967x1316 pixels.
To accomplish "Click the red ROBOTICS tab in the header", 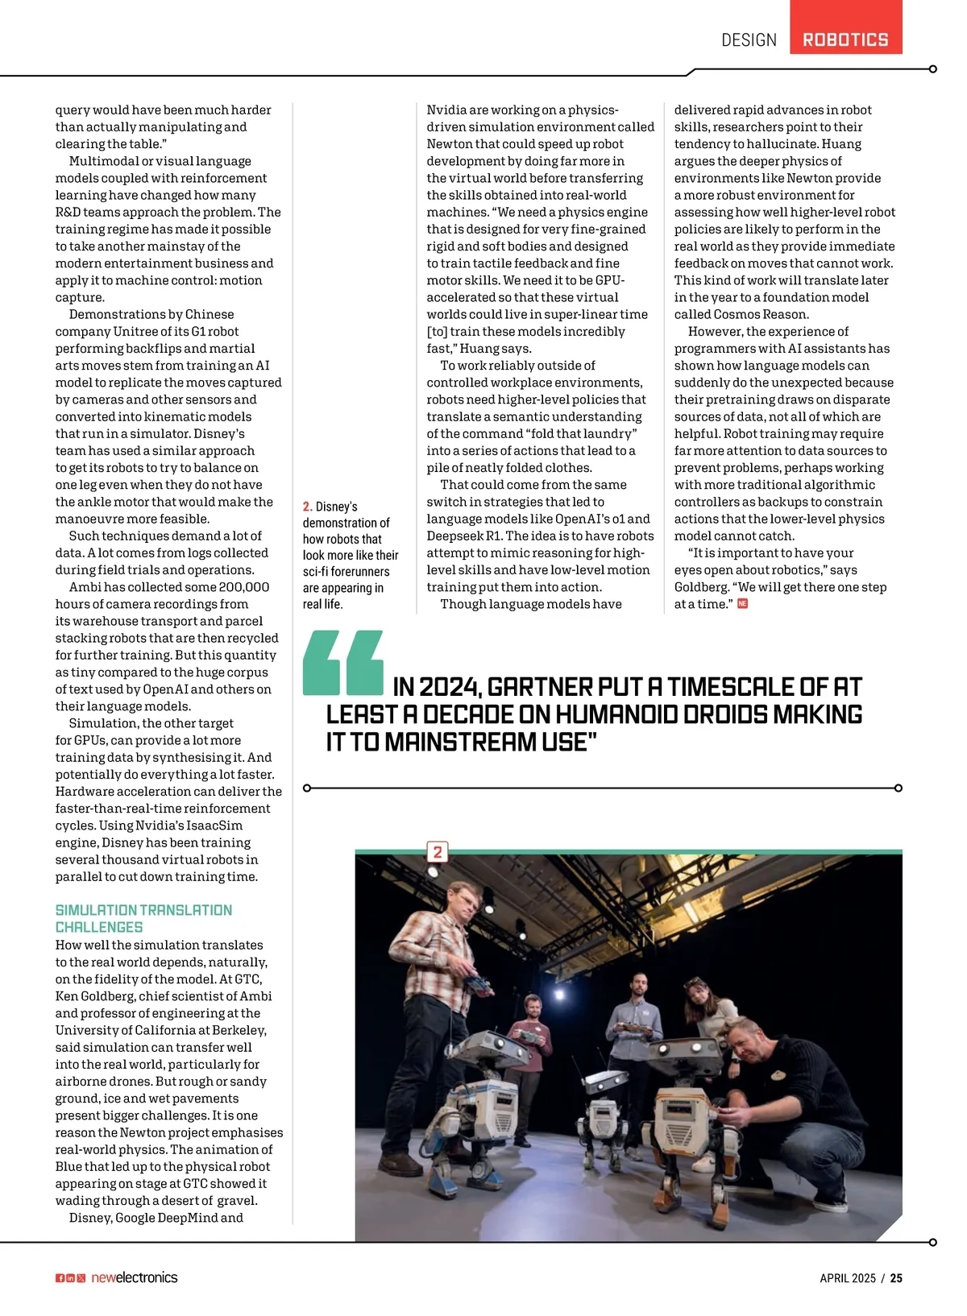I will click(x=845, y=39).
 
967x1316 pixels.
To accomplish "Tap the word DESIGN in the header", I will click(x=749, y=40).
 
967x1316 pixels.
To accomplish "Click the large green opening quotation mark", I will click(x=342, y=663).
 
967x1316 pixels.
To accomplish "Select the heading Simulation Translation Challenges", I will click(x=143, y=918).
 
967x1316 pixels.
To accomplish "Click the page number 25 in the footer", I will click(x=896, y=1278).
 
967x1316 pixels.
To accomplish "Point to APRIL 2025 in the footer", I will click(x=847, y=1278).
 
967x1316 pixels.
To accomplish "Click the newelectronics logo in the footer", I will click(x=134, y=1277).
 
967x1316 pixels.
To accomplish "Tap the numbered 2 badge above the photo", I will click(x=438, y=852).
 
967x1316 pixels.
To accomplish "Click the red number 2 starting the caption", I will click(x=307, y=507).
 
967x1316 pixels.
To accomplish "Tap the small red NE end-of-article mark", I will click(x=742, y=604).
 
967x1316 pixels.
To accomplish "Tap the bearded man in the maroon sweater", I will click(x=532, y=1023).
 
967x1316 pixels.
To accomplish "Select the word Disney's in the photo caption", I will click(x=336, y=507).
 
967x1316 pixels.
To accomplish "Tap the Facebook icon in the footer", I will click(x=60, y=1278).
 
